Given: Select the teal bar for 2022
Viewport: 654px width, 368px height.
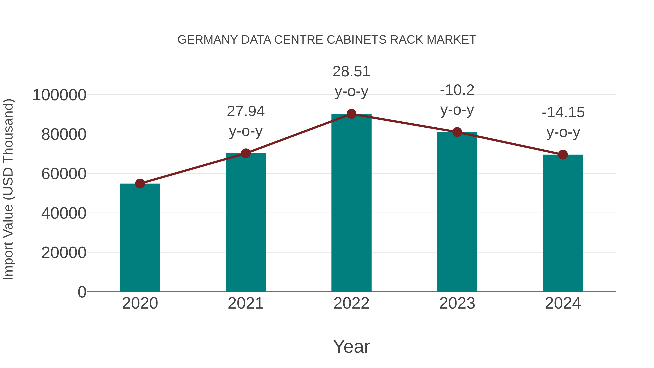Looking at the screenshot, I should point(351,203).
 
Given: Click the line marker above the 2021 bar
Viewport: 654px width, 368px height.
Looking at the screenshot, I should point(245,153).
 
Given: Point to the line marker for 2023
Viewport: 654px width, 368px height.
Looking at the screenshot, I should point(457,132).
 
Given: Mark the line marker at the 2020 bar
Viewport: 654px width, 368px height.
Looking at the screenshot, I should point(140,184).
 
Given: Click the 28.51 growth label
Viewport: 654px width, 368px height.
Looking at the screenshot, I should point(351,71).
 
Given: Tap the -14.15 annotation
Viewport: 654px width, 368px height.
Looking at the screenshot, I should point(563,112).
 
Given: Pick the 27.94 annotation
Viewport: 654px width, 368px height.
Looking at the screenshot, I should point(245,111).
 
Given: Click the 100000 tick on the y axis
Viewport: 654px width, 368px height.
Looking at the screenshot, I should point(59,95).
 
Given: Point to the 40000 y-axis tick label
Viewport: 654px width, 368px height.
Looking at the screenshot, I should point(64,213).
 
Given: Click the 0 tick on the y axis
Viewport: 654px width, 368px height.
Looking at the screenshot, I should point(82,292).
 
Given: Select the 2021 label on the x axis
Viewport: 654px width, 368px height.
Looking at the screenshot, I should point(245,303).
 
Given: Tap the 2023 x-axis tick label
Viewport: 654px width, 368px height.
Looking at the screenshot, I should point(457,303).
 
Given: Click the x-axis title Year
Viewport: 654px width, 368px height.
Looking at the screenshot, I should point(351,346).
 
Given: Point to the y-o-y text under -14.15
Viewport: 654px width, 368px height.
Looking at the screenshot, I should point(563,132).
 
